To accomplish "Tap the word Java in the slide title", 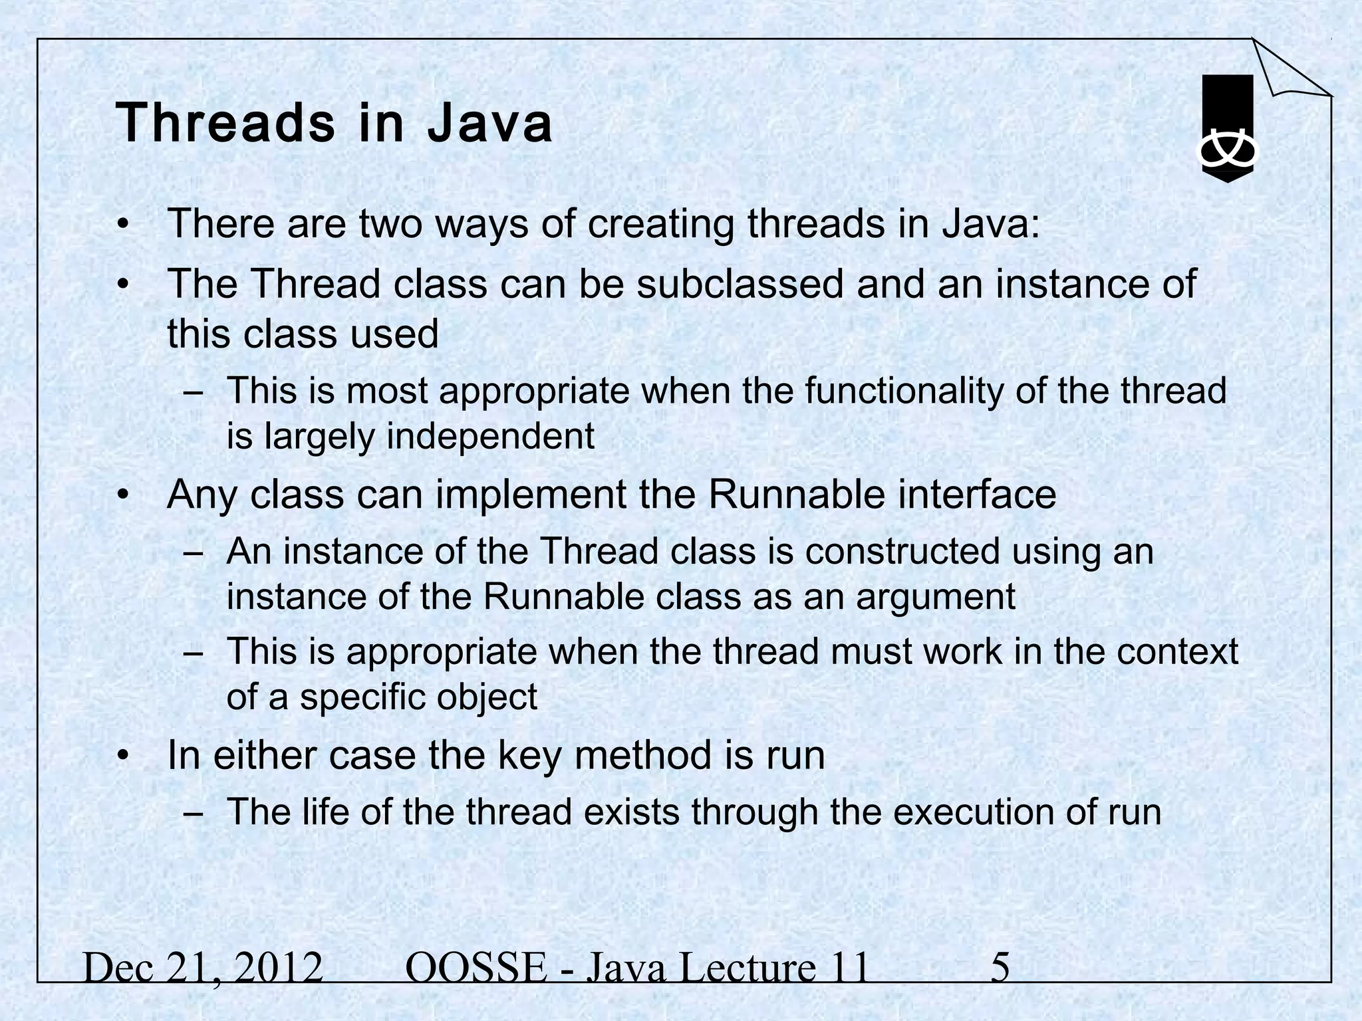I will [489, 124].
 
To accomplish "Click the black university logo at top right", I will [1227, 129].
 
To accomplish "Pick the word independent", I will [491, 437].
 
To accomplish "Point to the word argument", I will [936, 596].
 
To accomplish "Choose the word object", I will [486, 697].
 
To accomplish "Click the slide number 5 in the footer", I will [1000, 968].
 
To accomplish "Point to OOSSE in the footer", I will [475, 968].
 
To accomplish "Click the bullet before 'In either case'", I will [122, 756].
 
